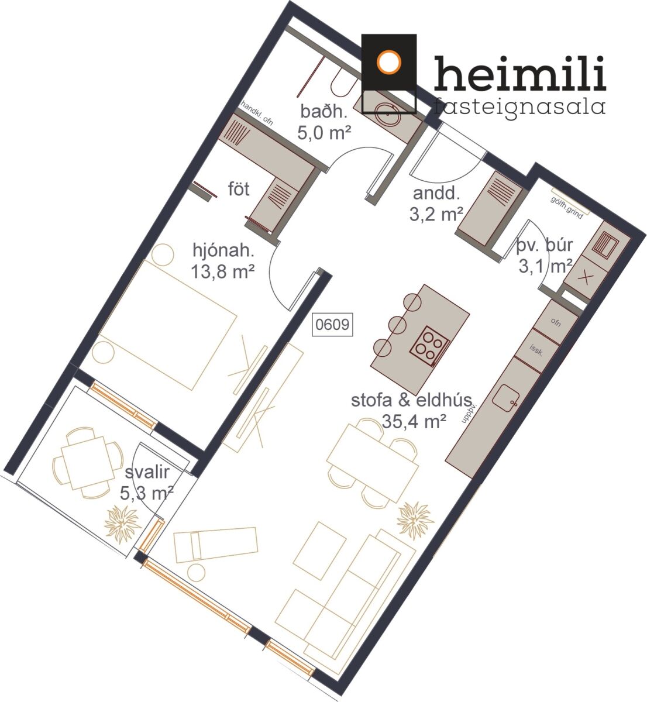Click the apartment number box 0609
click(332, 325)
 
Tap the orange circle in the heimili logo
click(389, 62)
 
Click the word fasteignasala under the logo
click(519, 106)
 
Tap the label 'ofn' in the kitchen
click(556, 322)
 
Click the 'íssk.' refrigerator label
click(536, 350)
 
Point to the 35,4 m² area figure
click(414, 421)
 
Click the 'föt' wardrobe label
click(239, 189)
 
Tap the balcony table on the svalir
click(88, 463)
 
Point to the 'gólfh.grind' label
click(567, 208)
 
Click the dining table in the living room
click(373, 462)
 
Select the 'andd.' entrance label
click(436, 193)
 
